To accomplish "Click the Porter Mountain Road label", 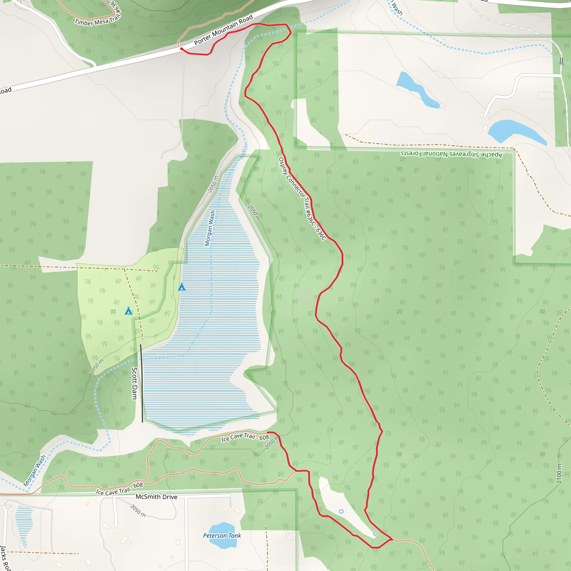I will coord(223,30).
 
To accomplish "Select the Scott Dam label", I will coord(134,383).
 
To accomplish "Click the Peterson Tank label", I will coord(222,536).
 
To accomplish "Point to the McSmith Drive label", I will coord(156,497).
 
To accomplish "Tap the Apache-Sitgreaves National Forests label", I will coord(451,154).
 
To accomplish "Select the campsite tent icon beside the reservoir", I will coord(182,287).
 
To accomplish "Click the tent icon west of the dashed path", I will coord(128,311).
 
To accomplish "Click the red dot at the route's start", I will coord(182,49).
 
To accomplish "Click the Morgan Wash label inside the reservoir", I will coord(210,228).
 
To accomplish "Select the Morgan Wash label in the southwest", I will coord(35,471).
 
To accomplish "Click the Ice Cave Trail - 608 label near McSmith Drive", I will coord(119,489).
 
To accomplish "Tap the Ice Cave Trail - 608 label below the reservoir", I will coord(245,437).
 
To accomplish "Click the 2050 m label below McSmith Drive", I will coord(138,511).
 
